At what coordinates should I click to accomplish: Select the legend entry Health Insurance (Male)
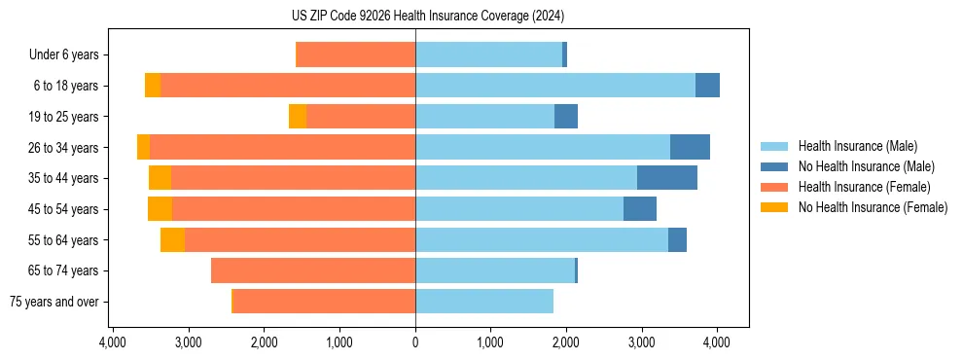[x=857, y=146]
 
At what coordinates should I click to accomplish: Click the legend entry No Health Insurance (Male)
[x=866, y=166]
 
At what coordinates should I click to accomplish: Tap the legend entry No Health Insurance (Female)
[x=873, y=207]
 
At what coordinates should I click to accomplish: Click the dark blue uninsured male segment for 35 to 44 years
[x=667, y=178]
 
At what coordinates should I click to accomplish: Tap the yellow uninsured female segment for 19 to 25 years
[x=298, y=117]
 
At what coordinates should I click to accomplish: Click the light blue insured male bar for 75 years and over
[x=484, y=302]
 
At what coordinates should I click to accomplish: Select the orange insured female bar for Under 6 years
[x=356, y=55]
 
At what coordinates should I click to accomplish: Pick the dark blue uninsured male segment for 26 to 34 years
[x=690, y=147]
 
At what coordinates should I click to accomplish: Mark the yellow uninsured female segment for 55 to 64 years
[x=173, y=239]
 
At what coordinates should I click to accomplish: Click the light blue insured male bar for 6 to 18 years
[x=555, y=86]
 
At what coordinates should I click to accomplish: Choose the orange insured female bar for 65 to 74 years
[x=313, y=270]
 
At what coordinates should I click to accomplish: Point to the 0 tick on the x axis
[x=415, y=342]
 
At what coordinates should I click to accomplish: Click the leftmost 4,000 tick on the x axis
[x=113, y=342]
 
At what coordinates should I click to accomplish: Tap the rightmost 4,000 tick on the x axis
[x=717, y=342]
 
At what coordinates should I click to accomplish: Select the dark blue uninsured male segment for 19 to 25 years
[x=566, y=117]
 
